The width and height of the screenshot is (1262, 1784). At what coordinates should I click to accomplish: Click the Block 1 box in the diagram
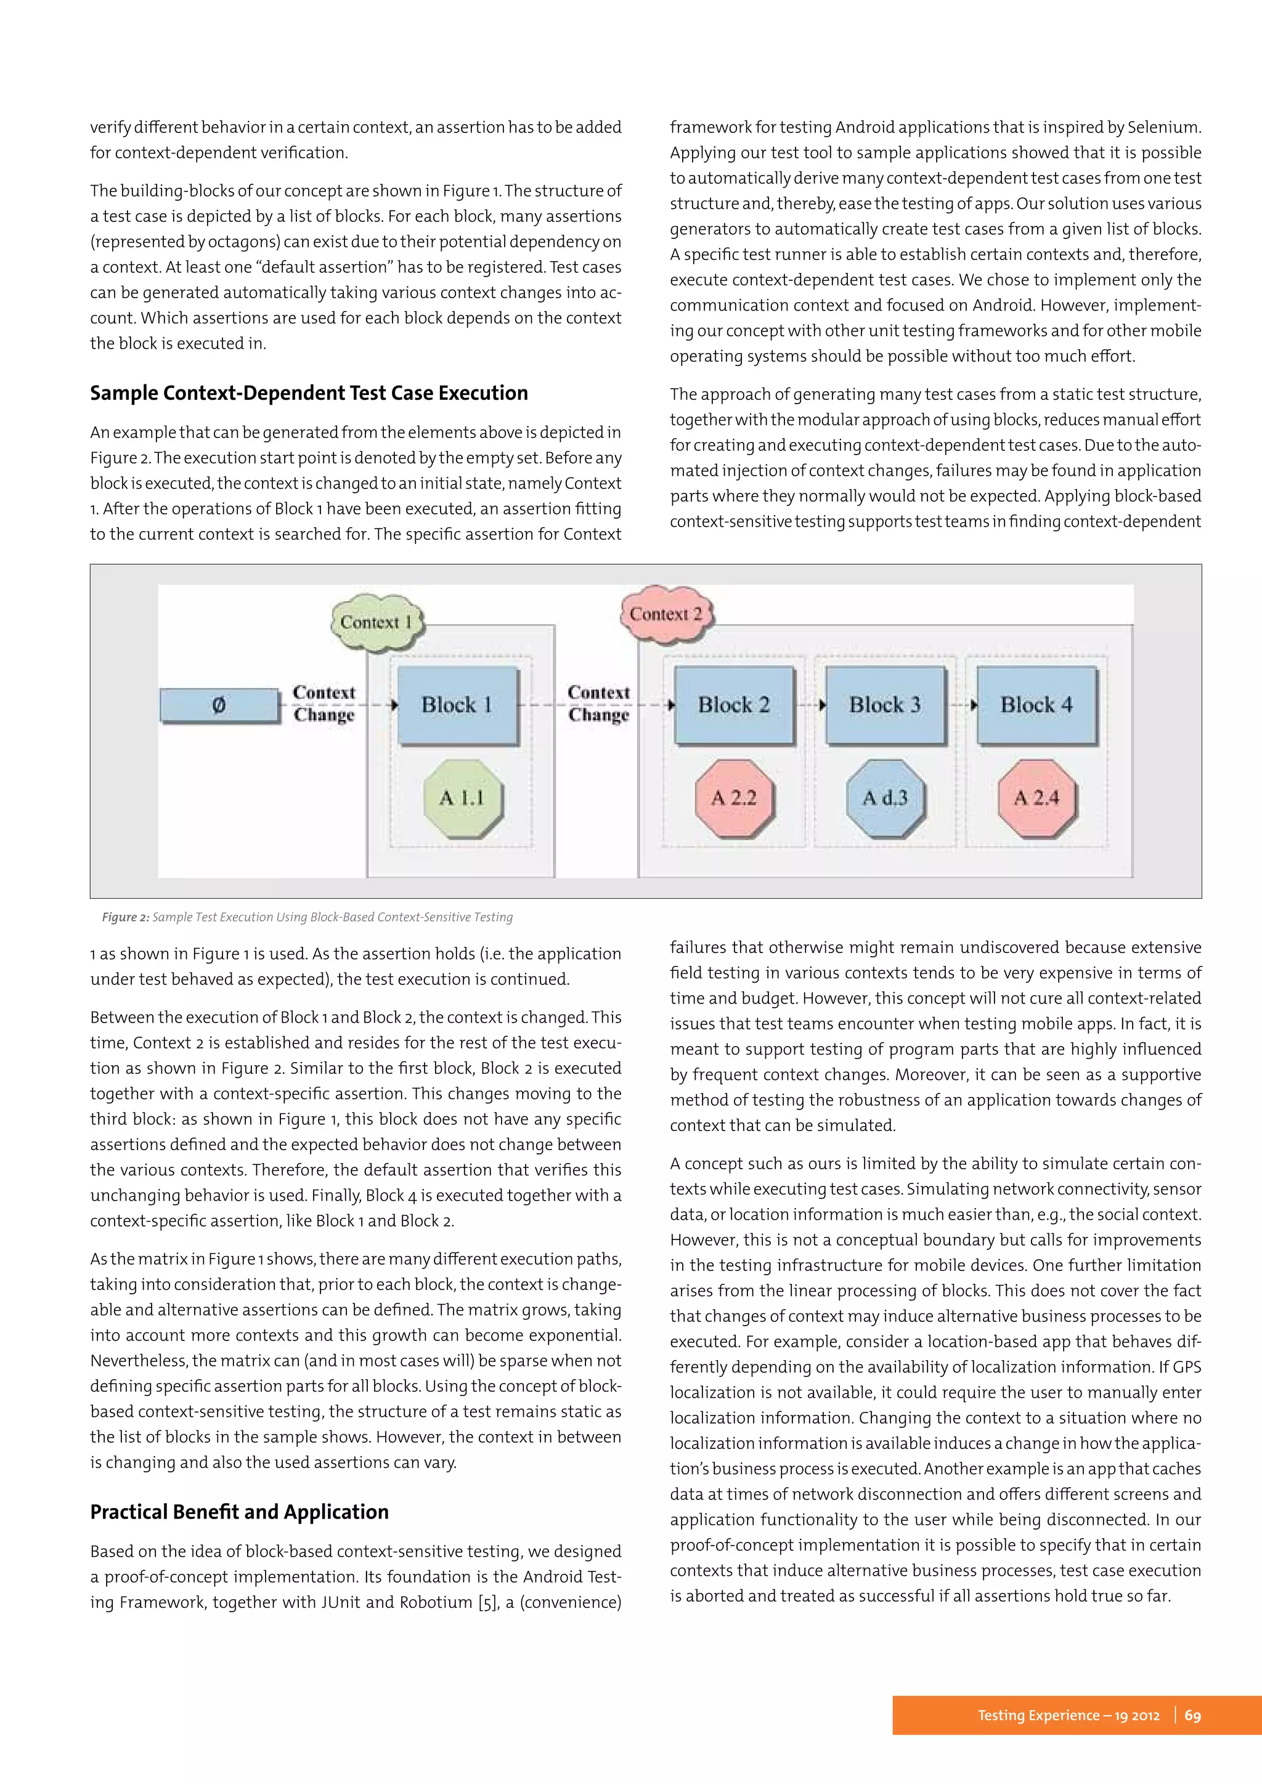point(457,705)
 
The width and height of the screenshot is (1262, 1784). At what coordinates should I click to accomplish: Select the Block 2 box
point(733,705)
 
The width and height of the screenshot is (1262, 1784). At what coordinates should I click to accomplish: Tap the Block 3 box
point(884,705)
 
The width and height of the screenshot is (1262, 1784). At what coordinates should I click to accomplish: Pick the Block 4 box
point(1036,705)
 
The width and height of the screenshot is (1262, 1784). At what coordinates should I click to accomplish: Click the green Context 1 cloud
point(376,622)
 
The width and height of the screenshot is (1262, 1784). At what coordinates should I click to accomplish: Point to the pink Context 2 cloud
point(666,614)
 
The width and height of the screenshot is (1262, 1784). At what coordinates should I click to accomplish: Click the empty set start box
point(219,705)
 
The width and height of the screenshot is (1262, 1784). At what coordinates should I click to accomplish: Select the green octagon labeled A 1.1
point(462,798)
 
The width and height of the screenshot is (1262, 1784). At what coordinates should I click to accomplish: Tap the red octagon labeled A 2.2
point(733,798)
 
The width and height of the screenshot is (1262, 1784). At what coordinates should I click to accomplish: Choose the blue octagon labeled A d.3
point(884,798)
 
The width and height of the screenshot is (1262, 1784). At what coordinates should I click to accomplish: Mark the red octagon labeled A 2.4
point(1036,798)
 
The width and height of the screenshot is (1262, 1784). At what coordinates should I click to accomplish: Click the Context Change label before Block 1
point(324,703)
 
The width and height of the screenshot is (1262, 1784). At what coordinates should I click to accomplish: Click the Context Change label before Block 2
point(598,703)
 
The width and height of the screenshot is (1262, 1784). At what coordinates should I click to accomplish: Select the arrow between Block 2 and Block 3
point(810,705)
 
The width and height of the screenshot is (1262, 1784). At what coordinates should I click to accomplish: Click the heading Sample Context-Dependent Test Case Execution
point(309,393)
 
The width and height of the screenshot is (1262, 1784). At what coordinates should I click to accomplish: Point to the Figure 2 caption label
point(125,917)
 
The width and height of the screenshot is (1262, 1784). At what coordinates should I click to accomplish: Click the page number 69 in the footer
point(1192,1715)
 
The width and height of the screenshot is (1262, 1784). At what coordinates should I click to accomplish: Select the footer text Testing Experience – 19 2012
point(1068,1715)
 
